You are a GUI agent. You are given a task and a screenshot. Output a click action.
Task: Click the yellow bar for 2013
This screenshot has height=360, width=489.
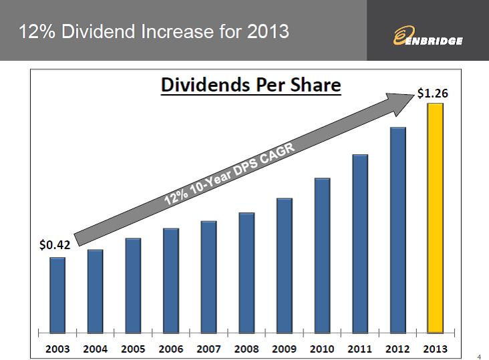436,218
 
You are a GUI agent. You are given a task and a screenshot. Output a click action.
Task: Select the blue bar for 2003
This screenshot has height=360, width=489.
57,295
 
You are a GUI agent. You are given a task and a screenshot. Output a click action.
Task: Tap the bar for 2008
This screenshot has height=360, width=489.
247,273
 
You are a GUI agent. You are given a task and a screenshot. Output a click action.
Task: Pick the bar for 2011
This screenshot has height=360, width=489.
360,243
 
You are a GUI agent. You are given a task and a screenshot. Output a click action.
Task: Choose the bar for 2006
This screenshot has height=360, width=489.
171,281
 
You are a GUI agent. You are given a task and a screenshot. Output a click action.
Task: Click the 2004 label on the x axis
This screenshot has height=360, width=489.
95,349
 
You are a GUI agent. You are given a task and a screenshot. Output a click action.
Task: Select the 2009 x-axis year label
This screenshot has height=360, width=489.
285,349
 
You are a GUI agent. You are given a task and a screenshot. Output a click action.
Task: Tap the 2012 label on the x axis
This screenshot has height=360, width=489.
398,349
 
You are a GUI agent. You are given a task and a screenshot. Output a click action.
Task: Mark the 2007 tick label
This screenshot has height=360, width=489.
208,349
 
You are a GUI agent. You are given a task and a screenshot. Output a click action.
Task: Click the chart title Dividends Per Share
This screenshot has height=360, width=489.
250,86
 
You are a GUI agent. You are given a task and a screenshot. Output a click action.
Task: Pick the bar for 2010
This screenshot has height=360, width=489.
322,255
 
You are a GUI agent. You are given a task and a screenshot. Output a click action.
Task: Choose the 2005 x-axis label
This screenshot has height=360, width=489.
133,349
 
